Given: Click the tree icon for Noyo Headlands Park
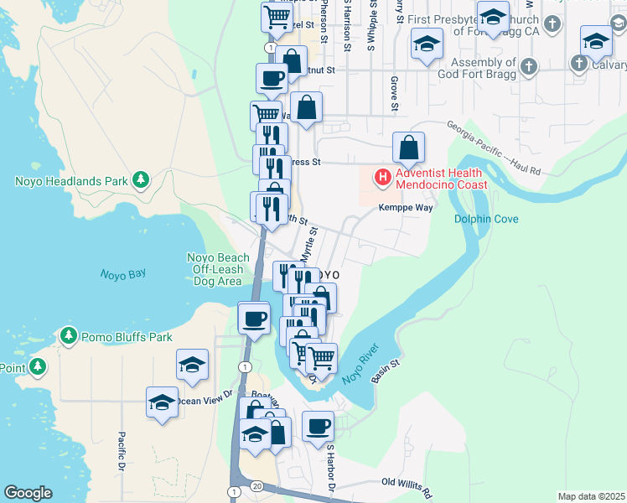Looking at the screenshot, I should click(142, 179).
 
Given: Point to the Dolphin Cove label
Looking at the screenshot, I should click(486, 219).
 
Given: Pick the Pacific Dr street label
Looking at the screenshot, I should click(122, 451).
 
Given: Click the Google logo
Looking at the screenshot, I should click(28, 493).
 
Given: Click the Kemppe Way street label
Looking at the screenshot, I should click(406, 208).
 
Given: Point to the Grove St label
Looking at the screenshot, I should click(392, 93).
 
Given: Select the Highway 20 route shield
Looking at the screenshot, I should click(256, 486).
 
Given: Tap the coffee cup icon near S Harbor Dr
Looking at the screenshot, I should click(318, 425).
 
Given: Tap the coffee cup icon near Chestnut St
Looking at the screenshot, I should click(272, 78).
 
